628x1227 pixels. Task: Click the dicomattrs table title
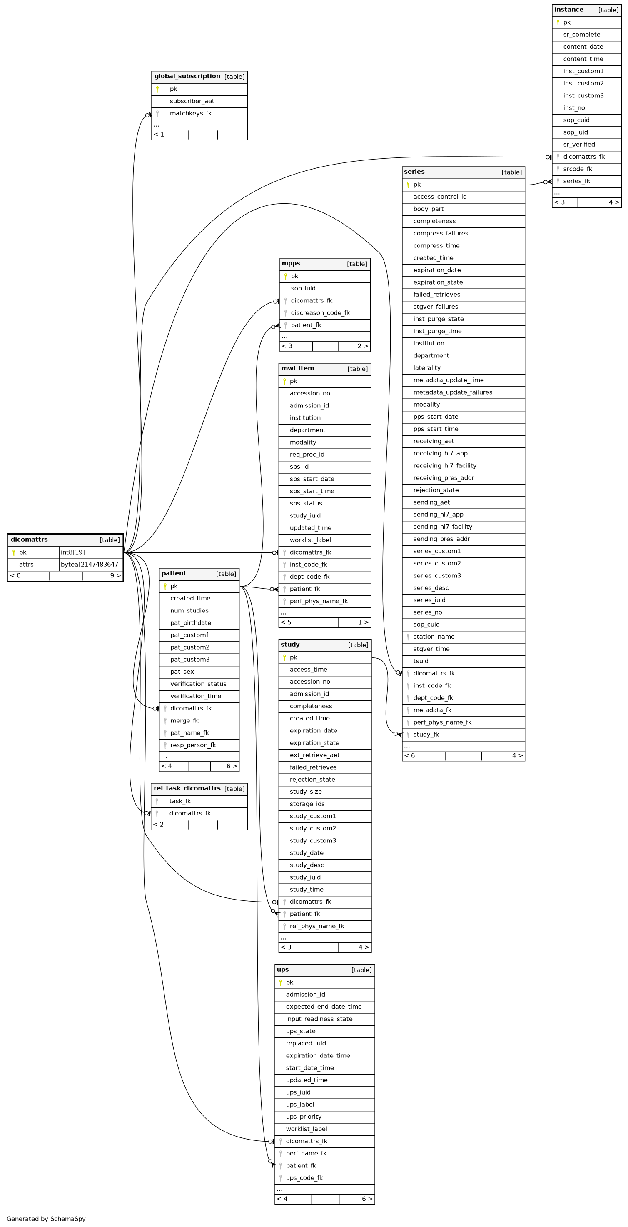click(29, 540)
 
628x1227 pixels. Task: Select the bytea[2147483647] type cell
click(90, 565)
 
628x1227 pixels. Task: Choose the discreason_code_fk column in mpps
click(320, 313)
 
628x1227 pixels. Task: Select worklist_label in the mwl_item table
click(310, 540)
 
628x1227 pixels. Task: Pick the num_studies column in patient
click(189, 611)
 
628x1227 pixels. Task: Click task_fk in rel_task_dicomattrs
click(180, 801)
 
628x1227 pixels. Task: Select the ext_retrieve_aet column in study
click(315, 755)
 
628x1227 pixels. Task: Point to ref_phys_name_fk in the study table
click(316, 926)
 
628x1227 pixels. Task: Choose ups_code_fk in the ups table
click(304, 1178)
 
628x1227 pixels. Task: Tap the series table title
click(414, 172)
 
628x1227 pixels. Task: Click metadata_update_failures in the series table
click(453, 392)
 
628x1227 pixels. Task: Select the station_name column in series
click(434, 637)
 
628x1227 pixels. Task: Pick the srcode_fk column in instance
click(578, 169)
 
